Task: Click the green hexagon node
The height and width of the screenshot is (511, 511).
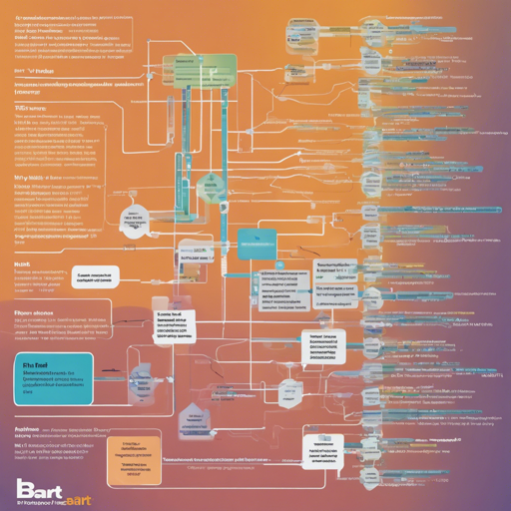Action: [x=207, y=187]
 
